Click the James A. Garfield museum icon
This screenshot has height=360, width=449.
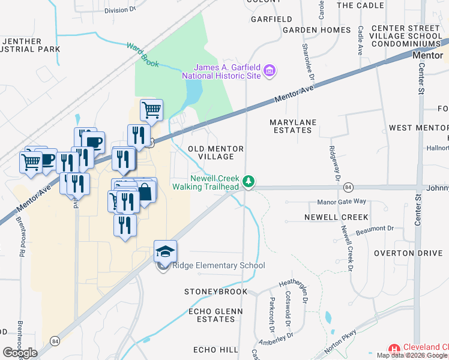point(270,71)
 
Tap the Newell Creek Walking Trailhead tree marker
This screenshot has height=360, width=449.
point(249,181)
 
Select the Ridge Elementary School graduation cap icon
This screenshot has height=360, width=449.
point(165,250)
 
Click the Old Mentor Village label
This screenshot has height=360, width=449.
point(215,152)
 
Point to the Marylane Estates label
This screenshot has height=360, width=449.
point(294,126)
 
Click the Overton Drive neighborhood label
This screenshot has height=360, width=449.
point(408,253)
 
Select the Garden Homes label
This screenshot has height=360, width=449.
point(316,30)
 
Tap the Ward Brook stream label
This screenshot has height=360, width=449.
point(142,53)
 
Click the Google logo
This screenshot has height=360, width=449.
point(20,353)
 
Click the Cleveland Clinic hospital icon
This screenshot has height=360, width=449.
point(394,349)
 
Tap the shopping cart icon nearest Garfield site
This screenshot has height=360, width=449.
point(151,110)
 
